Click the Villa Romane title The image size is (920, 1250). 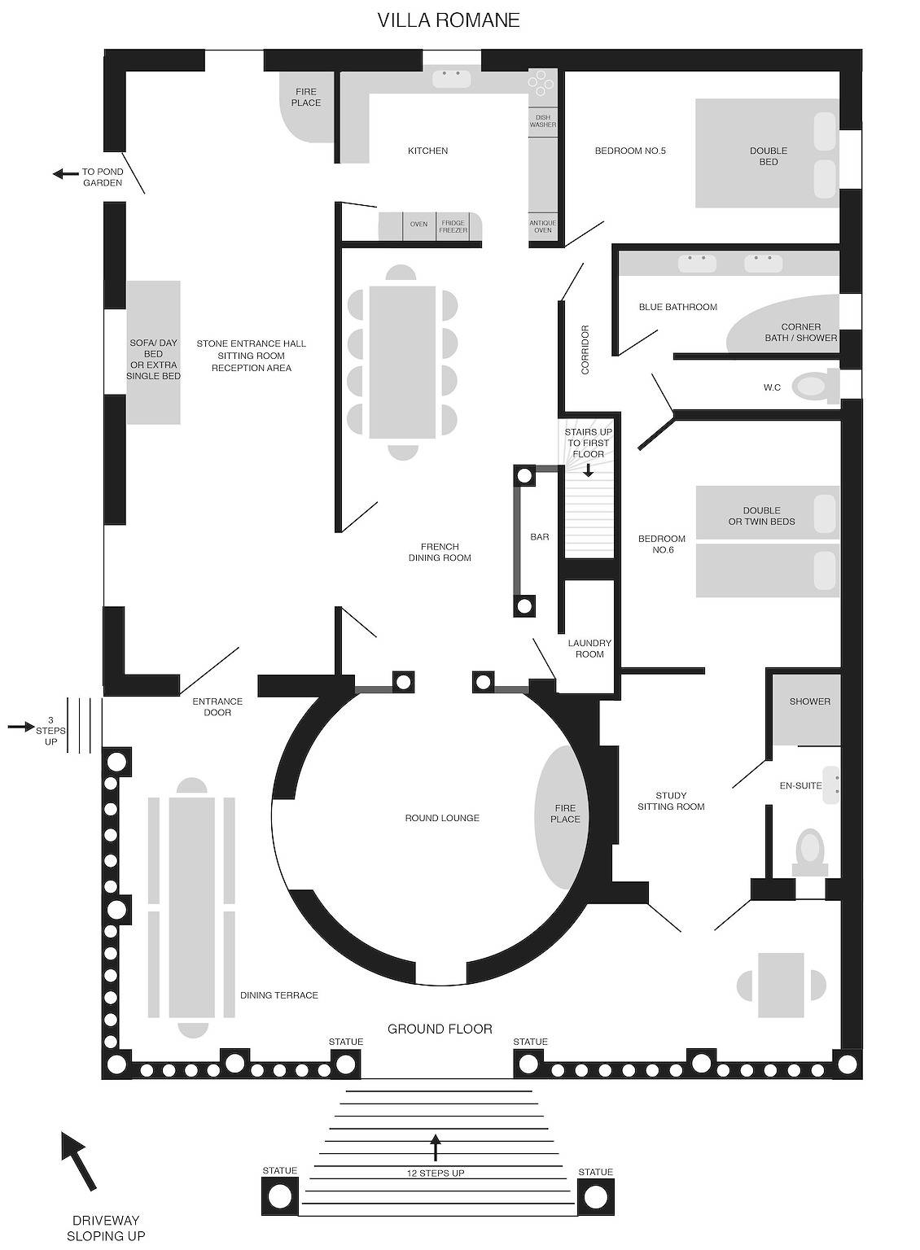[449, 20]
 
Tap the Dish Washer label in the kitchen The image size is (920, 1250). [542, 121]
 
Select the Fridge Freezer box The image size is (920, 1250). [453, 226]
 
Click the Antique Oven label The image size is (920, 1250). [542, 226]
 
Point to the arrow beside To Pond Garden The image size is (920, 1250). [65, 173]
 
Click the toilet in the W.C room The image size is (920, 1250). [815, 387]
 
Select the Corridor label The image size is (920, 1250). [585, 349]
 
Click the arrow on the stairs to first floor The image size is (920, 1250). [588, 470]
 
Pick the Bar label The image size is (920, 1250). [539, 537]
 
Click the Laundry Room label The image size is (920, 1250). [589, 649]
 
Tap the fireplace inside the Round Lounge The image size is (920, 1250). [562, 818]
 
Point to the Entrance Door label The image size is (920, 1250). [217, 706]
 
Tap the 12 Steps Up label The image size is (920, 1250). [436, 1173]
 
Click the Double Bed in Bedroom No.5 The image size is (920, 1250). [768, 154]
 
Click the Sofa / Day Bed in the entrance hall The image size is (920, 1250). [154, 352]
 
